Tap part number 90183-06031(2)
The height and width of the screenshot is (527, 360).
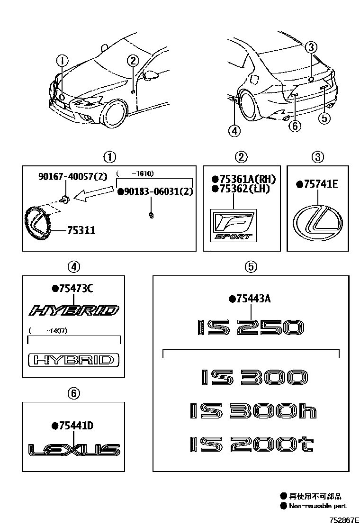point(156,191)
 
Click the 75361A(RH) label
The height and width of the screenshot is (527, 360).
point(246,179)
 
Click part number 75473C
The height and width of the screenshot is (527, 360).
point(75,288)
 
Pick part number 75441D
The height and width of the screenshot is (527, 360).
point(75,426)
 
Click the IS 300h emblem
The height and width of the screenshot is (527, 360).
point(252,410)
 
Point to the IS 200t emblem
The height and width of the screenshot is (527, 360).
point(252,444)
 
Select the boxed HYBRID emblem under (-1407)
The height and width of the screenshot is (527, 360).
point(73,360)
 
